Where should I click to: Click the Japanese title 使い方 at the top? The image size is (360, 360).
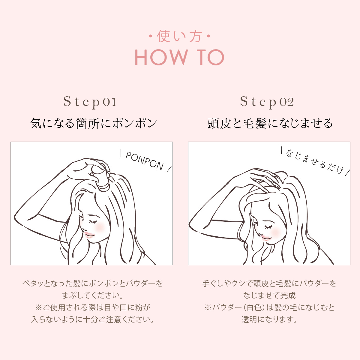(x=179, y=36)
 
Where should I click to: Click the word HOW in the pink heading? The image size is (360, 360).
(x=161, y=57)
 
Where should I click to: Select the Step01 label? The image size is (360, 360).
(x=90, y=102)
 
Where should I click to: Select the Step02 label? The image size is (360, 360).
(x=267, y=102)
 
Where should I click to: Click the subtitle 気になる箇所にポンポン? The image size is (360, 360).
(x=93, y=123)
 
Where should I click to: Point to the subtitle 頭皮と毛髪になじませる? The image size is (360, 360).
(x=270, y=123)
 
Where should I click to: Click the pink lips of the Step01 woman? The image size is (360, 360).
(x=88, y=234)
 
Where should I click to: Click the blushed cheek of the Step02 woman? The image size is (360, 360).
(x=276, y=232)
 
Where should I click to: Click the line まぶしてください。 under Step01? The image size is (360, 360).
(x=92, y=295)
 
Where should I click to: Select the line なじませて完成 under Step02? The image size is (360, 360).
(x=269, y=295)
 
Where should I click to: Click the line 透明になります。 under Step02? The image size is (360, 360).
(x=269, y=319)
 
